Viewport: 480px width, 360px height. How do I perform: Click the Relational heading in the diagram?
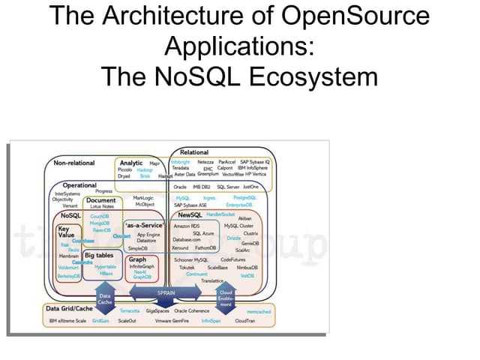pos(194,153)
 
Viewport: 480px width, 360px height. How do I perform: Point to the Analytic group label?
pos(131,163)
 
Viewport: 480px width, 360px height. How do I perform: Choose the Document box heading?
pos(100,200)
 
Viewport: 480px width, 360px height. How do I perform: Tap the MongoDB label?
pos(100,223)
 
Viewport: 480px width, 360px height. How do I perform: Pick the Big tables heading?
pos(99,256)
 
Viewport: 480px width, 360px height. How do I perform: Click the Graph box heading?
pos(137,259)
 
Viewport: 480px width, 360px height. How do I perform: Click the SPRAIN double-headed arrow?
pos(166,292)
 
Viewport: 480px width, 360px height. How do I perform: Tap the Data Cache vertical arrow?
pos(106,298)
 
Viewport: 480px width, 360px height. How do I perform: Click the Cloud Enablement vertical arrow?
pos(226,298)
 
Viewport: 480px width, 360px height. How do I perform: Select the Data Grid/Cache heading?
pos(69,308)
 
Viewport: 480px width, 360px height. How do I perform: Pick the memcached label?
pos(258,310)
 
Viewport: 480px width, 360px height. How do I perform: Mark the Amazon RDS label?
pos(186,225)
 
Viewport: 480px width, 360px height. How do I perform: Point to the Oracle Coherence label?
pos(191,310)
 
